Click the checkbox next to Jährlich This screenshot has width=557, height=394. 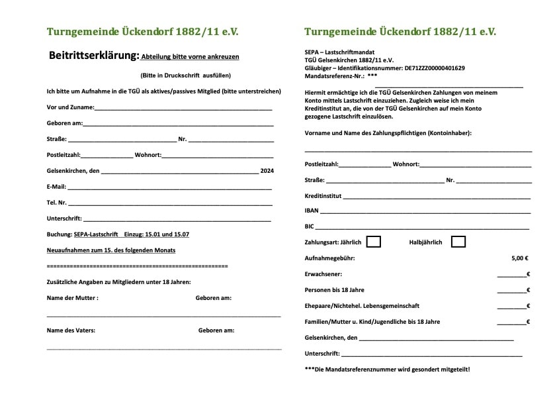tap(373, 242)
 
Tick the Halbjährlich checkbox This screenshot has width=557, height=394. tap(458, 242)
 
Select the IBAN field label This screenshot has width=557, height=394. tap(312, 211)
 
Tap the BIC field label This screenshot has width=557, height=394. tap(309, 226)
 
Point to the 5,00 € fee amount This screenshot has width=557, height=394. tap(520, 258)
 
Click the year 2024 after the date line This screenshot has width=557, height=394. tap(267, 171)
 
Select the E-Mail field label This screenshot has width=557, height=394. tap(56, 187)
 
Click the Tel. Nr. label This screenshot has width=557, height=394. tap(57, 203)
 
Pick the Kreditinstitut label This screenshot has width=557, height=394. tap(323, 195)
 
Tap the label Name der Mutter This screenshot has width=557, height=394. tap(72, 298)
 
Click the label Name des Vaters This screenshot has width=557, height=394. tap(71, 330)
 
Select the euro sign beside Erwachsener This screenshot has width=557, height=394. tap(528, 274)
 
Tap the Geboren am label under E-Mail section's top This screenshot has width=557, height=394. tap(64, 123)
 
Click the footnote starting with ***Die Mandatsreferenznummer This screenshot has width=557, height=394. tap(387, 369)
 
